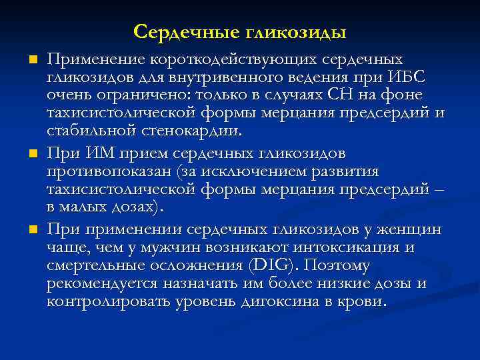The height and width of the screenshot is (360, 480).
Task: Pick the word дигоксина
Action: pos(282,301)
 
